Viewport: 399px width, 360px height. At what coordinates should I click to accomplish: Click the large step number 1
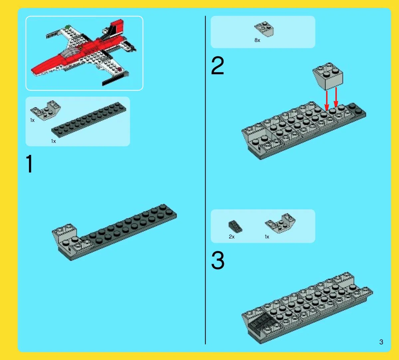(29, 164)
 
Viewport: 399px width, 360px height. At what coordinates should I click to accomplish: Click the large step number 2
(218, 65)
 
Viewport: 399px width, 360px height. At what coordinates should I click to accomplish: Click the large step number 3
(218, 260)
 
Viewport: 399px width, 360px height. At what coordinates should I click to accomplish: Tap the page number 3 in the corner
(381, 342)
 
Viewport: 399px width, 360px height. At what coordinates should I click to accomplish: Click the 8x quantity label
(257, 40)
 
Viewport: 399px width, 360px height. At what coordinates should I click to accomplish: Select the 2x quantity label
(232, 237)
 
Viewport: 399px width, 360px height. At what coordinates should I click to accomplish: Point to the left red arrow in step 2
(327, 101)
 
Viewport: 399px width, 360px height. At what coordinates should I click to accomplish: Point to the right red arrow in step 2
(336, 97)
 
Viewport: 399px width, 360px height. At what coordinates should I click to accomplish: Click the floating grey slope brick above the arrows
(328, 76)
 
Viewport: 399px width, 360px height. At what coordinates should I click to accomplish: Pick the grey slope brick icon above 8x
(264, 29)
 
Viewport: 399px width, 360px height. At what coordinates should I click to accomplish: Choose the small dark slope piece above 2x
(235, 226)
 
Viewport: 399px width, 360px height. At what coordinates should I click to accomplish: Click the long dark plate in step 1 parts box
(89, 120)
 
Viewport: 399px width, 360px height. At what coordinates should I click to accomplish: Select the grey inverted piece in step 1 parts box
(46, 110)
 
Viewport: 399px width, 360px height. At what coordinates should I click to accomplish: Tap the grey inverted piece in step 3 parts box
(280, 223)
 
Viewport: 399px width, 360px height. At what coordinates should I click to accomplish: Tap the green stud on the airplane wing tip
(68, 26)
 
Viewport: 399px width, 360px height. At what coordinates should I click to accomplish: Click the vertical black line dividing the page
(205, 180)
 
